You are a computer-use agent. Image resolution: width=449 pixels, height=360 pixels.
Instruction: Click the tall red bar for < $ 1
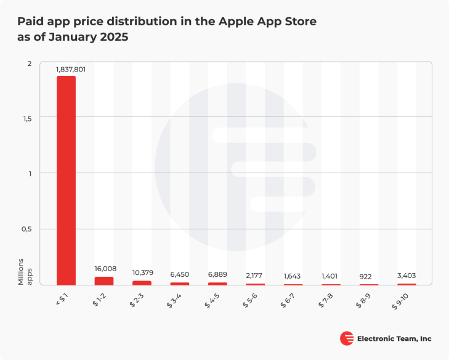click(66, 180)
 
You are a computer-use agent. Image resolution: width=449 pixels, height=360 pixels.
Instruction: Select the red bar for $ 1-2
click(104, 280)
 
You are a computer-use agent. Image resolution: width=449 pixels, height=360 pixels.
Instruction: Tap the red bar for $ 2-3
click(142, 282)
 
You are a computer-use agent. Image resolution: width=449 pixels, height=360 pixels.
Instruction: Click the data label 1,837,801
click(70, 70)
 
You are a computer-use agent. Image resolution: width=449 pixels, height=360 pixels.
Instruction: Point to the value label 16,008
click(106, 269)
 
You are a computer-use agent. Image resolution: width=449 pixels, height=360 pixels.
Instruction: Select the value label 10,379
click(143, 273)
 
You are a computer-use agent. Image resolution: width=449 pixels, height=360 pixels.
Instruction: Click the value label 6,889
click(218, 273)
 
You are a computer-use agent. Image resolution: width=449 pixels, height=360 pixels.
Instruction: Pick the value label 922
click(369, 277)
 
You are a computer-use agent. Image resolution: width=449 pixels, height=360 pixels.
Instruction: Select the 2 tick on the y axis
click(28, 64)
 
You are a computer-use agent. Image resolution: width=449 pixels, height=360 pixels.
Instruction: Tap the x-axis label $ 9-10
click(402, 300)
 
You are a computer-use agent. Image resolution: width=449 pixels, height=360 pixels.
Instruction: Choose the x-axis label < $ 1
click(63, 299)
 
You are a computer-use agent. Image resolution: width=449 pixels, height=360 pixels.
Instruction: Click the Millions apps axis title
click(24, 272)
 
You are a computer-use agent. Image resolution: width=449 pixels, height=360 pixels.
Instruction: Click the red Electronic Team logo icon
click(347, 338)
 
